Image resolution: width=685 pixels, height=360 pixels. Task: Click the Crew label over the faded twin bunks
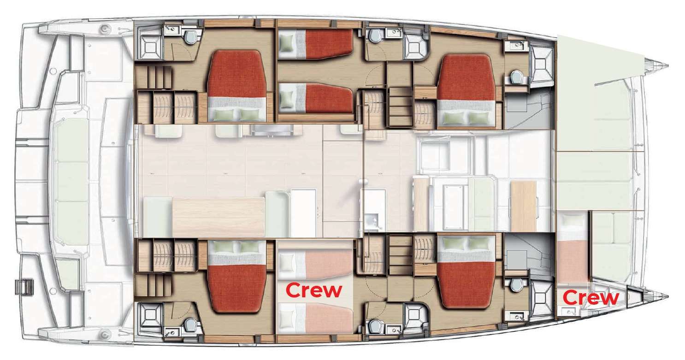click(314, 290)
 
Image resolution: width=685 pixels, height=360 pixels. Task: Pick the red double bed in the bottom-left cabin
click(237, 277)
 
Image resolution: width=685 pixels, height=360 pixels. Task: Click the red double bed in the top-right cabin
click(467, 90)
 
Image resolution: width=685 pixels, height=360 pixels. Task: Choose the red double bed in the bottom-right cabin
click(467, 270)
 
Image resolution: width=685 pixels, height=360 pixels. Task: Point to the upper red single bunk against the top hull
click(316, 44)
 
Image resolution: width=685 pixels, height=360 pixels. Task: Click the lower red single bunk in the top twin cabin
click(316, 99)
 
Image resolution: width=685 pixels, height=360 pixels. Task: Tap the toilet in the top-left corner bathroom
click(191, 36)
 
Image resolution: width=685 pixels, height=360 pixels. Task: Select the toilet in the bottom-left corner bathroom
click(191, 325)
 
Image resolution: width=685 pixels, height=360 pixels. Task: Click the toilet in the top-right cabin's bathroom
click(516, 77)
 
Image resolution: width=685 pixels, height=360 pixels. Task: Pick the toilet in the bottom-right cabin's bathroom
click(516, 285)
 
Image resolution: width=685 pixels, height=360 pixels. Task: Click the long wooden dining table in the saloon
click(218, 217)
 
